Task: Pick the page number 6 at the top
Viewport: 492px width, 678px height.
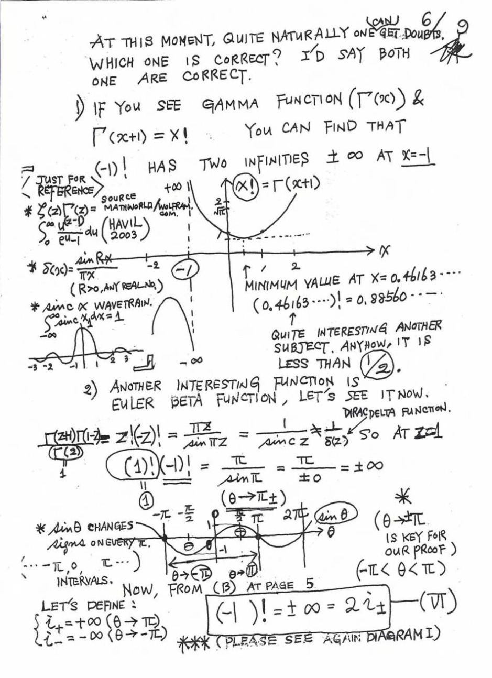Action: click(427, 24)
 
